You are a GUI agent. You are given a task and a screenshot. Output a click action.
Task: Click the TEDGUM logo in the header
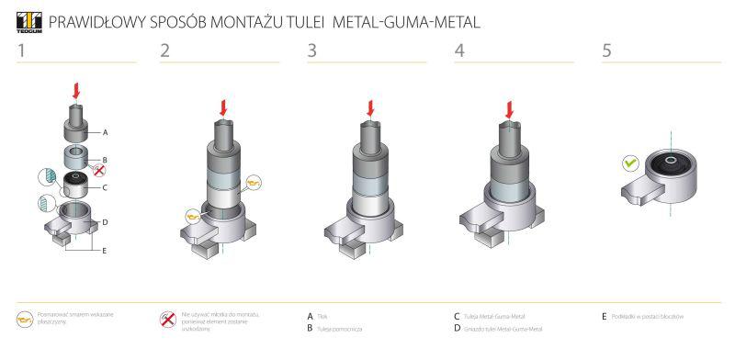click(x=28, y=21)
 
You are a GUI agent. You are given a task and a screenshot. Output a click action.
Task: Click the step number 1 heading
click(x=20, y=51)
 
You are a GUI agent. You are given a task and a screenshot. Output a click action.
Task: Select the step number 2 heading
click(x=165, y=51)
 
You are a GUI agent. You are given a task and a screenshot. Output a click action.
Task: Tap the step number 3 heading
click(x=312, y=51)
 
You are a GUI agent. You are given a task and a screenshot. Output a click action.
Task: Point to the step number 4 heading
click(x=459, y=51)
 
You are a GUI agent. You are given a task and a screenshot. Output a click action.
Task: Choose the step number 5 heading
click(x=606, y=51)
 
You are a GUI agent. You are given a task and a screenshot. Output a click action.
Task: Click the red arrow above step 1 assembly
click(x=76, y=92)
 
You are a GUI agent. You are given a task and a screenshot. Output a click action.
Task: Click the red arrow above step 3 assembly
click(x=370, y=108)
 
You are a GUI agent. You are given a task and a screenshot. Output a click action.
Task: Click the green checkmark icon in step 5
click(x=630, y=163)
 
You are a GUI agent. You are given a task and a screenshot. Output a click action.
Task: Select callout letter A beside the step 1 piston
click(x=107, y=132)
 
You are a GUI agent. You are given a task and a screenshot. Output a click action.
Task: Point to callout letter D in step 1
click(x=106, y=221)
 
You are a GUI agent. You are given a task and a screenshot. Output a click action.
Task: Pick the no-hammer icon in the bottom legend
click(x=167, y=320)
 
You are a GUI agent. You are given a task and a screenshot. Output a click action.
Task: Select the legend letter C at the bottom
click(x=457, y=316)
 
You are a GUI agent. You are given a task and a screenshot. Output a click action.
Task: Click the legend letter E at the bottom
click(x=604, y=316)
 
